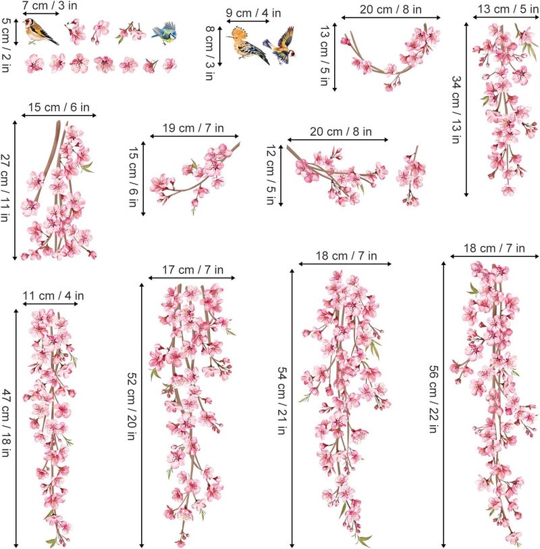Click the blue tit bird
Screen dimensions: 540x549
(x=164, y=33)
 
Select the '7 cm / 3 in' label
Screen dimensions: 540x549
(x=50, y=5)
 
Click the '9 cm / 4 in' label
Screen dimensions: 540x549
(x=253, y=14)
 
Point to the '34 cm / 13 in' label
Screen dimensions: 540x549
(x=456, y=110)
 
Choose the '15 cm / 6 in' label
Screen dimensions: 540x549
(x=59, y=107)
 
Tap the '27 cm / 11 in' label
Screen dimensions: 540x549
(x=5, y=188)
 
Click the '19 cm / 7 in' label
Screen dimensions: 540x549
(x=193, y=128)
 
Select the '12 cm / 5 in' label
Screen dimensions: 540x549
(x=271, y=174)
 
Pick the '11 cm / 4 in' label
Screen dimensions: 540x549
(x=53, y=296)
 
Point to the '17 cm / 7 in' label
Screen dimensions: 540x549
(x=192, y=270)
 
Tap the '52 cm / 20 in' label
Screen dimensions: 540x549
(x=132, y=406)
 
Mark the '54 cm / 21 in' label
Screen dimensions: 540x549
(x=282, y=400)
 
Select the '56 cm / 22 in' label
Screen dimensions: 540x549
(x=433, y=399)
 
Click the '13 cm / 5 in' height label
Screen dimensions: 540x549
(x=325, y=55)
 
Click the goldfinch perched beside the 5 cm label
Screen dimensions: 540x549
(x=40, y=32)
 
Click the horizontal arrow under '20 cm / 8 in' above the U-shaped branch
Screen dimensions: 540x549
(x=391, y=18)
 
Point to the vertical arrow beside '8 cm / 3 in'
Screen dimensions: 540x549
(x=220, y=46)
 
